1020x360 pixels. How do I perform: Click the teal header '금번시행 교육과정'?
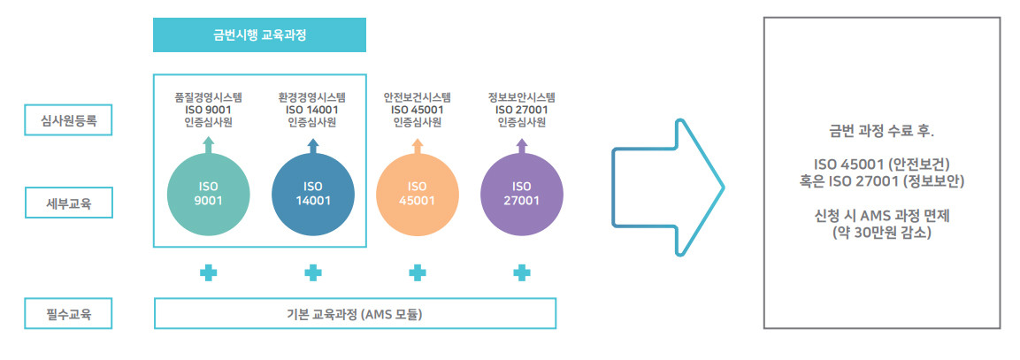[x=259, y=35]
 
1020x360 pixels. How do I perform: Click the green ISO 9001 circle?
[x=208, y=194]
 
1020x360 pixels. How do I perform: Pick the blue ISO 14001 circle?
[x=313, y=194]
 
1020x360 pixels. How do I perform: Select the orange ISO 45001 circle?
[x=417, y=194]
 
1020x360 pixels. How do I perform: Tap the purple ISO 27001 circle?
[x=522, y=194]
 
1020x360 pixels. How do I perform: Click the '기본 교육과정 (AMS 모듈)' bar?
[x=355, y=314]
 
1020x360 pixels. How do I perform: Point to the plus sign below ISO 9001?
[x=208, y=272]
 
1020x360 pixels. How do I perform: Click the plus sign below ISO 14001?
[x=313, y=272]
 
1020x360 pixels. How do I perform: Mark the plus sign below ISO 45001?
[x=417, y=272]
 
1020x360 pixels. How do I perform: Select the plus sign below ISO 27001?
[x=522, y=272]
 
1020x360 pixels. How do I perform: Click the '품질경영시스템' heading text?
[x=208, y=97]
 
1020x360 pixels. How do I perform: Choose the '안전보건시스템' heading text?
[x=417, y=97]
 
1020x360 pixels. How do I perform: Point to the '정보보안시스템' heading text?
[x=522, y=97]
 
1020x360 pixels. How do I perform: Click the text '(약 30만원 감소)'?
[x=881, y=232]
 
